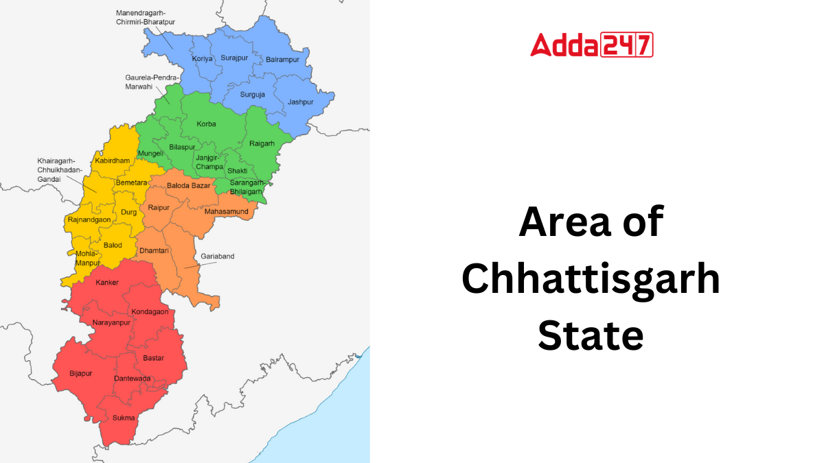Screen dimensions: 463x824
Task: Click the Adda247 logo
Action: click(x=591, y=45)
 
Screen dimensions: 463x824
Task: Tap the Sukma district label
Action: click(x=124, y=417)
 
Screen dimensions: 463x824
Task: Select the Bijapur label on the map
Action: click(x=80, y=373)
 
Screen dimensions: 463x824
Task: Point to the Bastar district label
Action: click(x=153, y=358)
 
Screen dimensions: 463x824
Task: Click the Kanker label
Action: click(x=107, y=282)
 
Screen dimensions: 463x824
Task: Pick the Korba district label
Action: click(x=206, y=124)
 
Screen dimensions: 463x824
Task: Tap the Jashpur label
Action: click(x=300, y=102)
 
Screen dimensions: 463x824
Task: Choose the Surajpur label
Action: click(x=233, y=58)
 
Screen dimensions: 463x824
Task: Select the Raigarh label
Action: click(x=262, y=143)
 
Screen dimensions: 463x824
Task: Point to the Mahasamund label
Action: click(x=226, y=211)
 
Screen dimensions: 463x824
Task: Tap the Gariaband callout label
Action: click(x=217, y=257)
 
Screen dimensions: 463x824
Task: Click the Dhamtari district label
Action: click(x=154, y=251)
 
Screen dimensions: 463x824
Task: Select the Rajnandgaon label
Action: click(x=89, y=219)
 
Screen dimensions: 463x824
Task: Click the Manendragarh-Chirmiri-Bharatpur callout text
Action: click(x=145, y=17)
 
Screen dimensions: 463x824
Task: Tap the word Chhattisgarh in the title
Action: click(x=591, y=280)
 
